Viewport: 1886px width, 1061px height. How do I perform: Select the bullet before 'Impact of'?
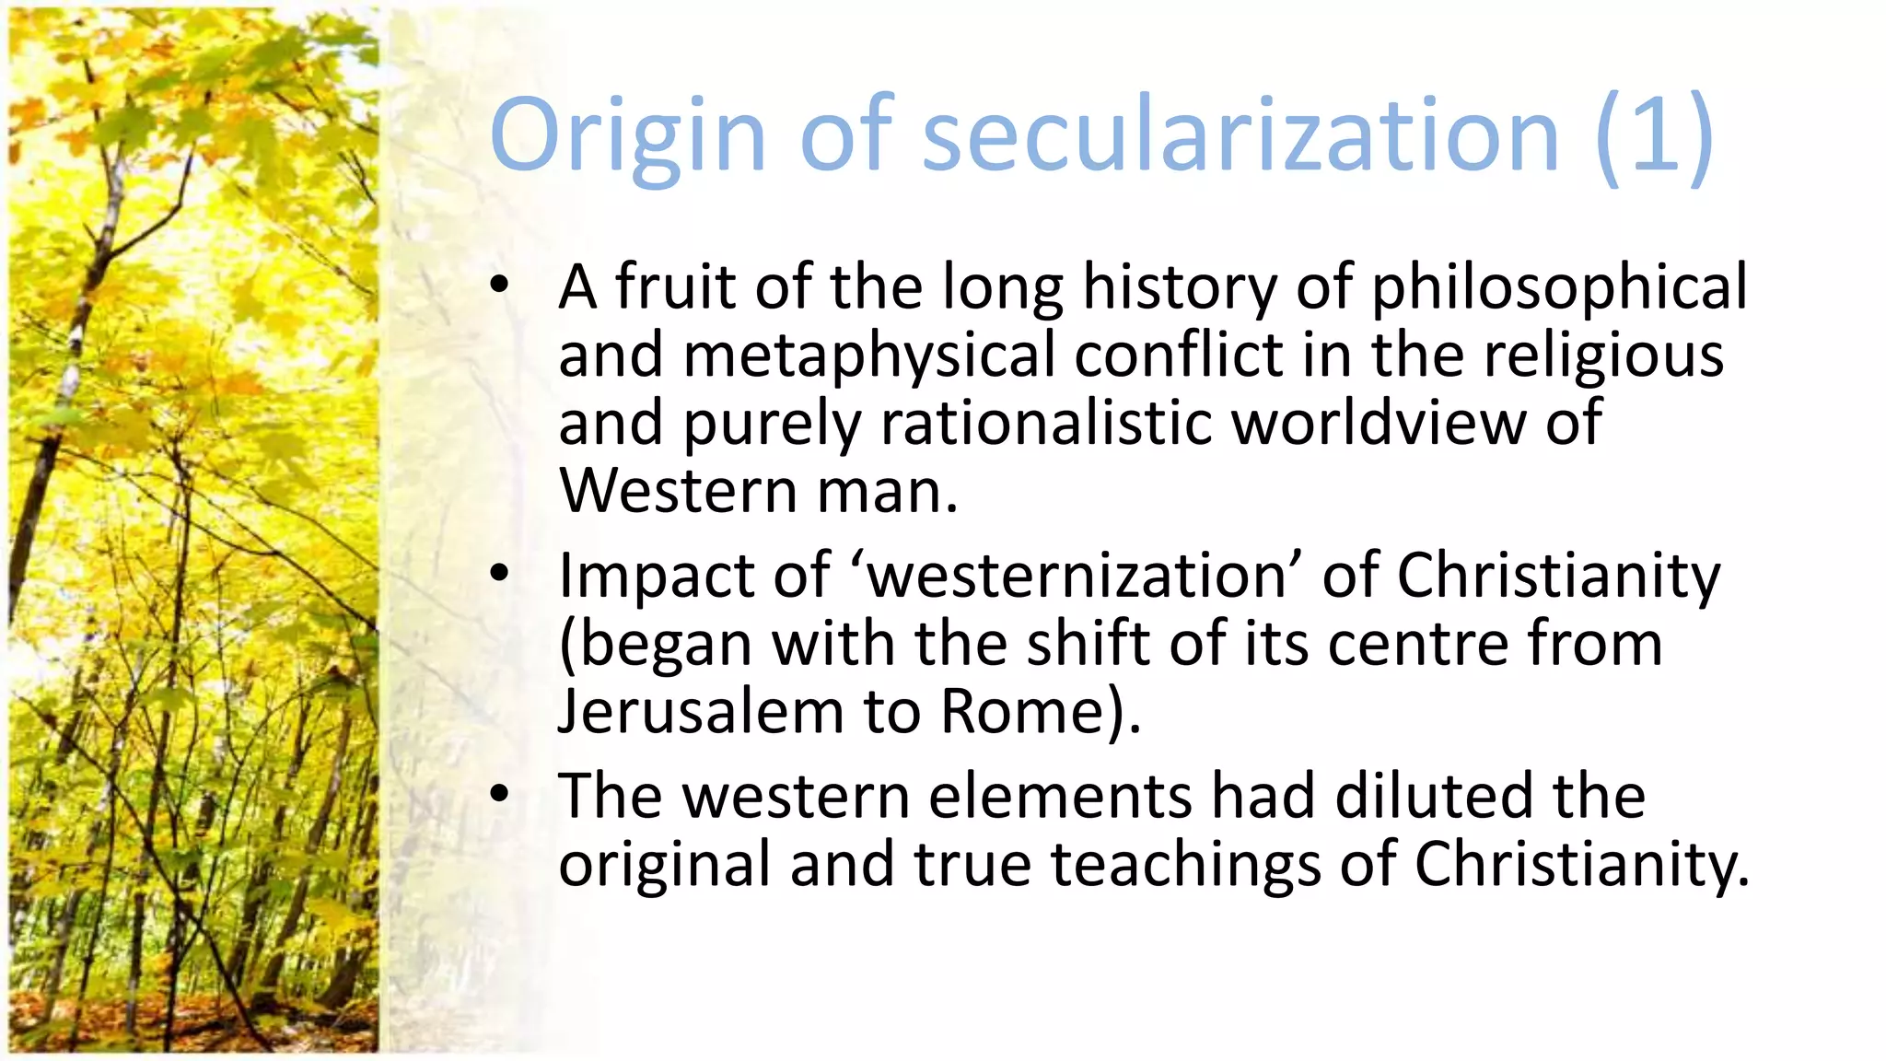coord(499,574)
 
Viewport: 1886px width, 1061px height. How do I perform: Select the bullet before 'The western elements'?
coord(499,794)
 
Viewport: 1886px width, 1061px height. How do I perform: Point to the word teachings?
coord(1186,866)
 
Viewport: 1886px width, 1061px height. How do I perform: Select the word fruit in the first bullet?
coord(675,286)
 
